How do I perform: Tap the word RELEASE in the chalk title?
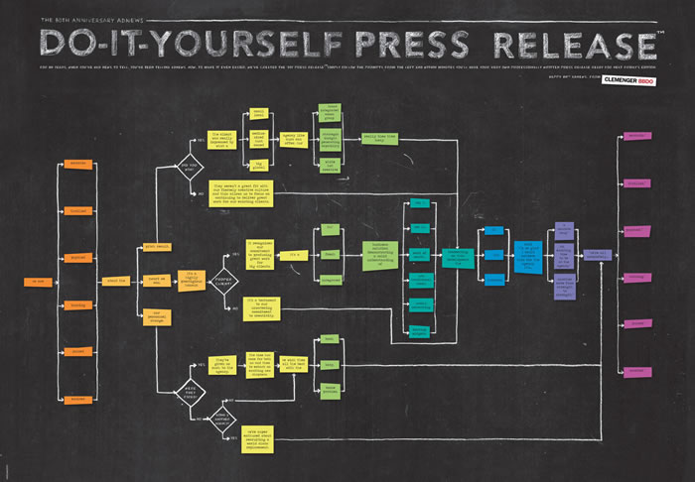(x=574, y=46)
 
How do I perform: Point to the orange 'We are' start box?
(x=36, y=282)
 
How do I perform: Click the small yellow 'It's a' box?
(x=296, y=256)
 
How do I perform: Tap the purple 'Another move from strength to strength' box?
(x=563, y=285)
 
